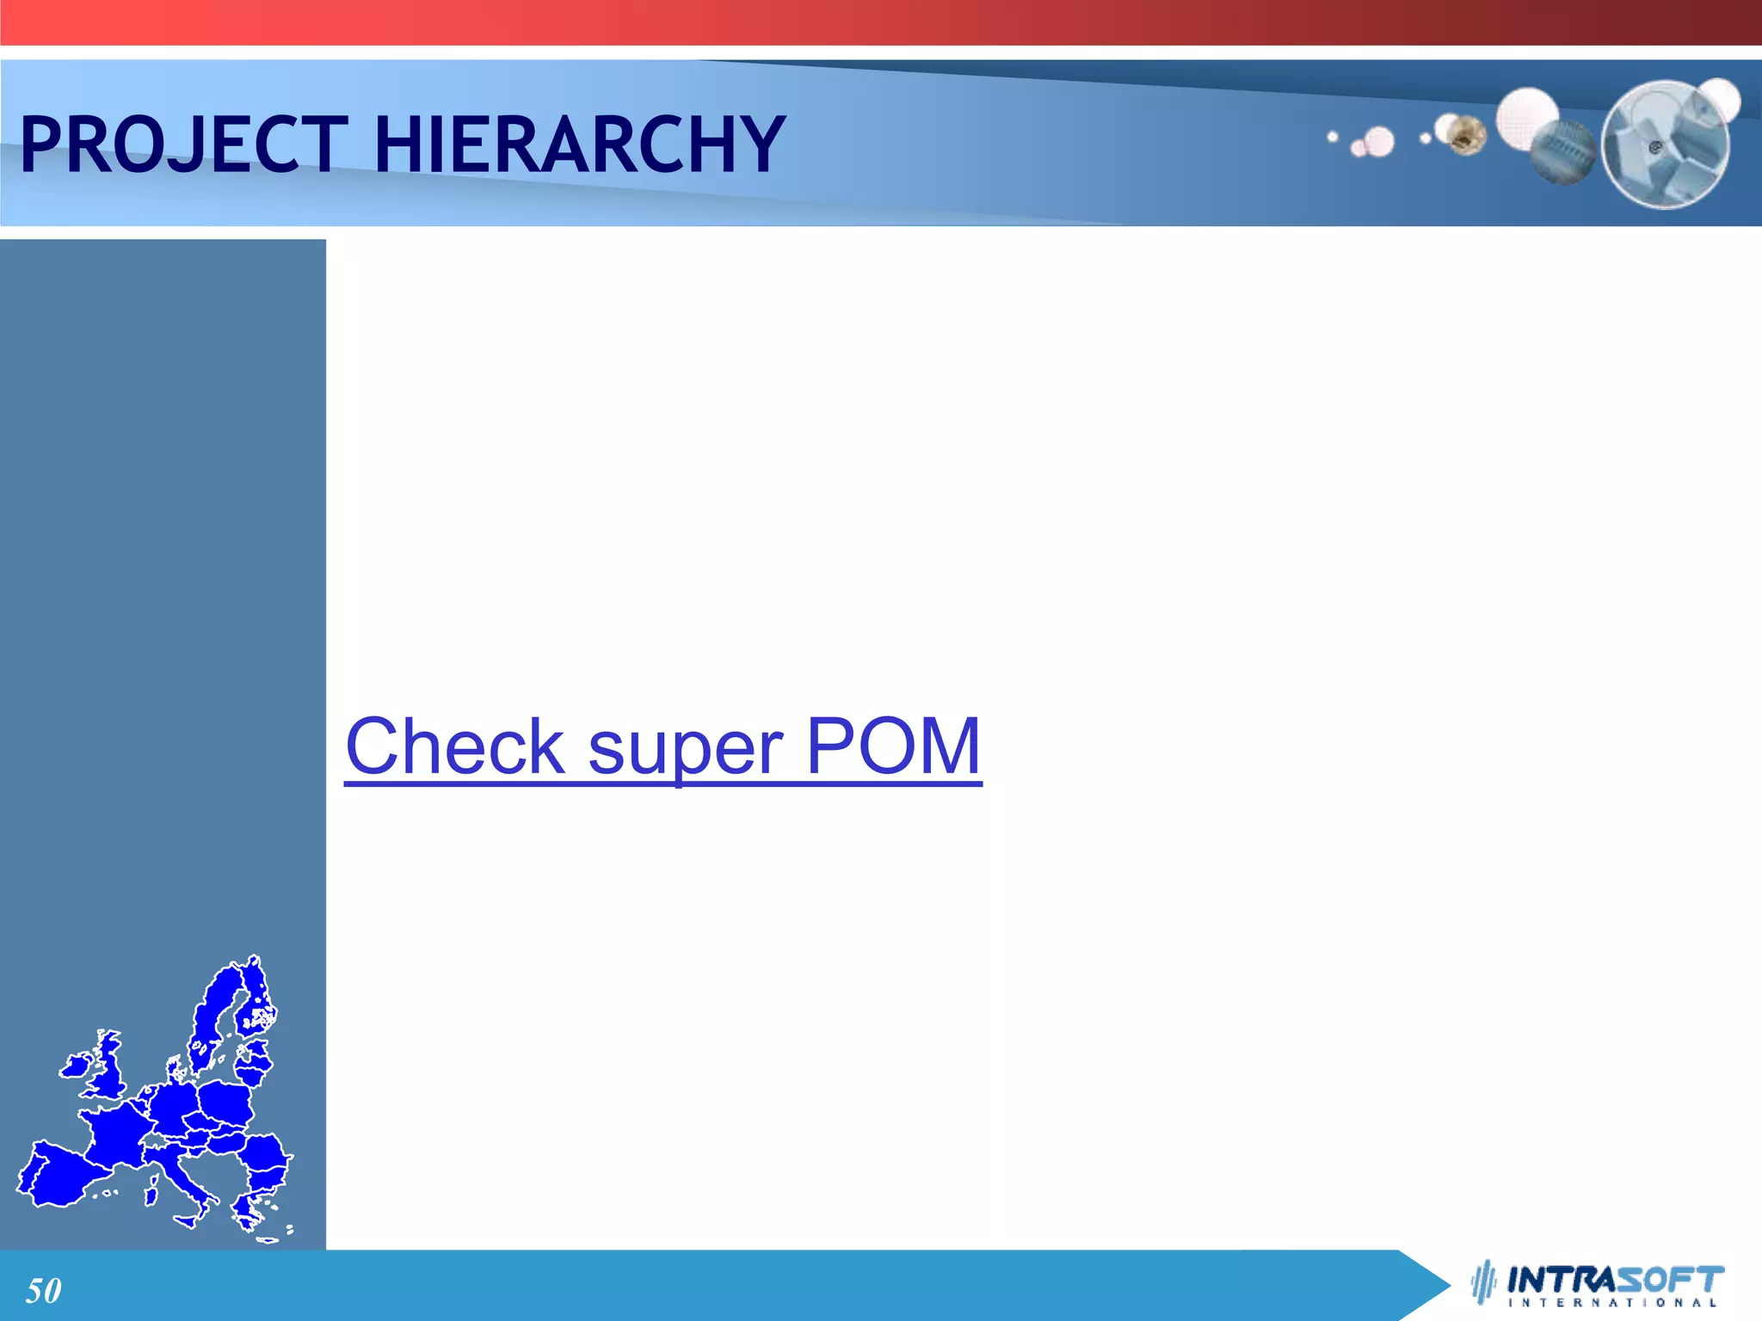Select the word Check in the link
tap(454, 747)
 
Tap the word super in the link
tap(685, 747)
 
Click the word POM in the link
tap(893, 747)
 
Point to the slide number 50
tap(43, 1291)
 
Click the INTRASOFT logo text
tap(1616, 1280)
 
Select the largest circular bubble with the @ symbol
tap(1665, 144)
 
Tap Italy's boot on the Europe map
tap(185, 1178)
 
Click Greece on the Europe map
tap(250, 1208)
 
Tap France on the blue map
tap(116, 1135)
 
